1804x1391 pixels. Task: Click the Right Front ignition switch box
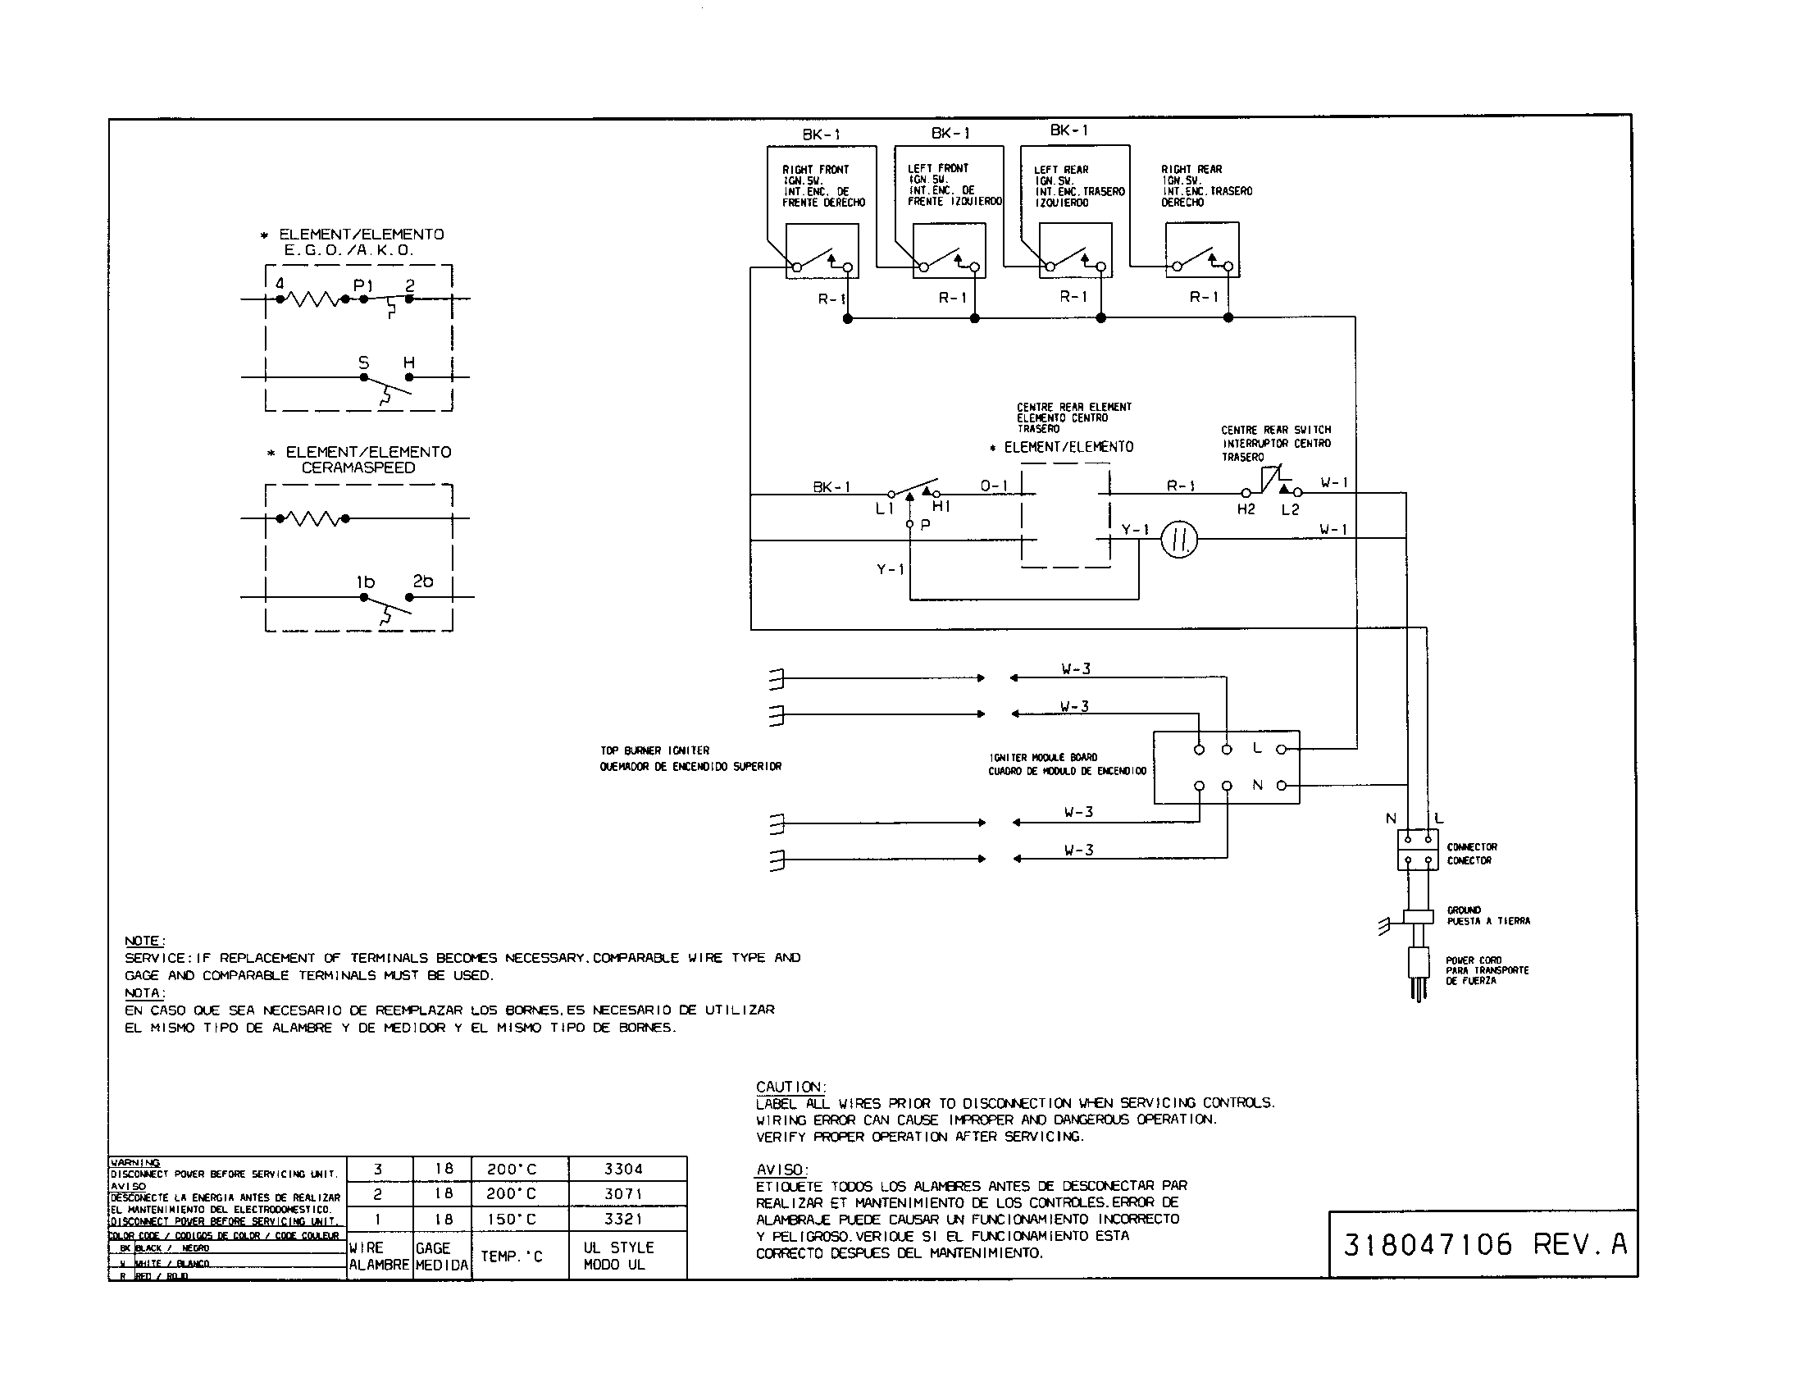tap(821, 251)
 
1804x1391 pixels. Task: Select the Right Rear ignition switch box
tap(1202, 249)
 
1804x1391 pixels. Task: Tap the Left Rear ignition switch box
tap(1075, 251)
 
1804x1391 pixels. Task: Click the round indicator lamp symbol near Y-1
tap(1178, 540)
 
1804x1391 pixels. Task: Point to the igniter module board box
tap(1226, 767)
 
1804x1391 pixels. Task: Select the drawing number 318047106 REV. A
tap(1483, 1244)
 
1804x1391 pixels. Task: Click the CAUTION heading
tap(790, 1086)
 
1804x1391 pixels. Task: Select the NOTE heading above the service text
tap(144, 941)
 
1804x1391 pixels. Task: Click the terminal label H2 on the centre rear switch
tap(1246, 509)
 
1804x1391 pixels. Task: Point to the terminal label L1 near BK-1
tap(884, 509)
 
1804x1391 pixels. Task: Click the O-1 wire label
tap(994, 486)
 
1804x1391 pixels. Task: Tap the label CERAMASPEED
tap(358, 467)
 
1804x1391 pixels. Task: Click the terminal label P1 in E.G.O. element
tap(362, 285)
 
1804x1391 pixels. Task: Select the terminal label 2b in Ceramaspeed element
tap(423, 581)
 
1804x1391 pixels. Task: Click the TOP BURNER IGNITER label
tap(654, 750)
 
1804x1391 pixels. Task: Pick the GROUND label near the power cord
tap(1464, 910)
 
